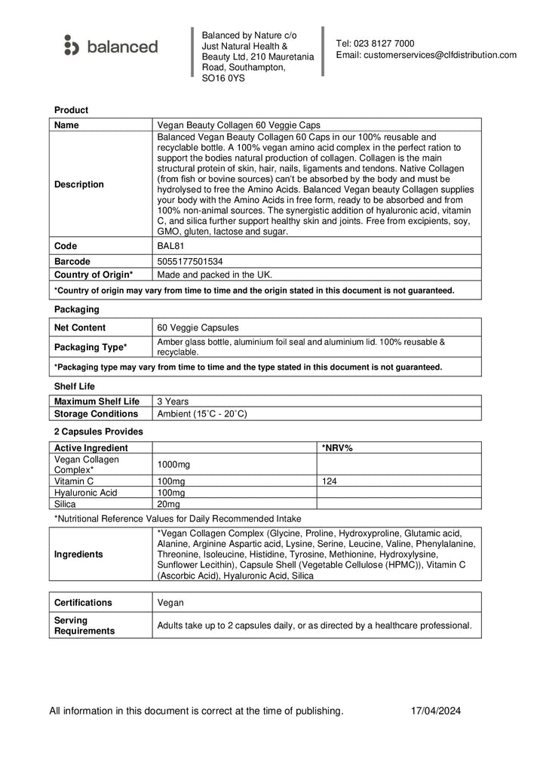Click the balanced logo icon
pos(71,46)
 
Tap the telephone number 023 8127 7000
pos(385,43)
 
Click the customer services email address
pos(426,55)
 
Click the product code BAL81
pos(170,246)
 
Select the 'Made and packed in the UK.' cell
pos(214,274)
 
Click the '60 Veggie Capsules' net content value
pos(198,327)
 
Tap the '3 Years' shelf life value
pos(173,401)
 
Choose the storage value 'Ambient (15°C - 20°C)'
pos(201,413)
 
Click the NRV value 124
pos(330,481)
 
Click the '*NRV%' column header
pos(337,447)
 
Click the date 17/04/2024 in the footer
pos(435,711)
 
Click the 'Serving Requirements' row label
pos(84,625)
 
